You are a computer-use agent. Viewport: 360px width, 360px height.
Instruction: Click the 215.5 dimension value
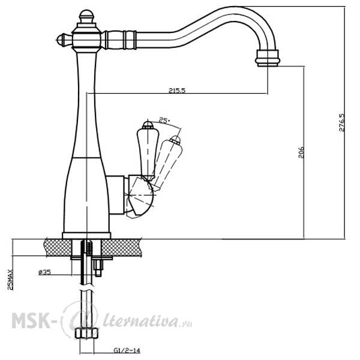click(x=177, y=91)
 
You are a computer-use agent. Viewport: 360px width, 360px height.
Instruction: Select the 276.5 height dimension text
click(x=342, y=122)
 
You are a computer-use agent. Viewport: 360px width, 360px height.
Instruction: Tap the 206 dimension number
click(x=301, y=152)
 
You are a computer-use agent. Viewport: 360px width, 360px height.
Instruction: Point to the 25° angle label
click(x=164, y=121)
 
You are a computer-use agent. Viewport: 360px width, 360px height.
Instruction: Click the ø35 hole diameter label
click(x=44, y=272)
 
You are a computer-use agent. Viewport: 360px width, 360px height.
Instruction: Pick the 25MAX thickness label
click(x=10, y=280)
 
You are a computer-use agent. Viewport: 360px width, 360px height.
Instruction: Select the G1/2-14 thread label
click(x=127, y=350)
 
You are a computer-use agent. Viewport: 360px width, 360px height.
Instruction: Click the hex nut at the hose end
click(x=86, y=333)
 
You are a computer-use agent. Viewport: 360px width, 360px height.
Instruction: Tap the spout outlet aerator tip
click(x=268, y=58)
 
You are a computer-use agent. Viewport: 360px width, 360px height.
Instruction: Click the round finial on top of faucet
click(x=86, y=17)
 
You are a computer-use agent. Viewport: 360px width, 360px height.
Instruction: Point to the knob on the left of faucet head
click(x=64, y=40)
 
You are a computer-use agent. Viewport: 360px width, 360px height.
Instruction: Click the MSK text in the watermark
click(x=31, y=320)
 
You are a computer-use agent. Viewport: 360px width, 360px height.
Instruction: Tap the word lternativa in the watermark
click(x=140, y=319)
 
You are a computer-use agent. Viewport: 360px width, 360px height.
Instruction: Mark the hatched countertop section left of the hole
click(x=58, y=247)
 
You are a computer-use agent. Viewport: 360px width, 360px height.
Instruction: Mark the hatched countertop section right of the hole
click(x=121, y=247)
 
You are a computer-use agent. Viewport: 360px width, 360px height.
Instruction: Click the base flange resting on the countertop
click(x=86, y=236)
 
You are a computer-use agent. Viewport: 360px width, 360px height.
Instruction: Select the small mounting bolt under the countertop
click(x=98, y=268)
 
